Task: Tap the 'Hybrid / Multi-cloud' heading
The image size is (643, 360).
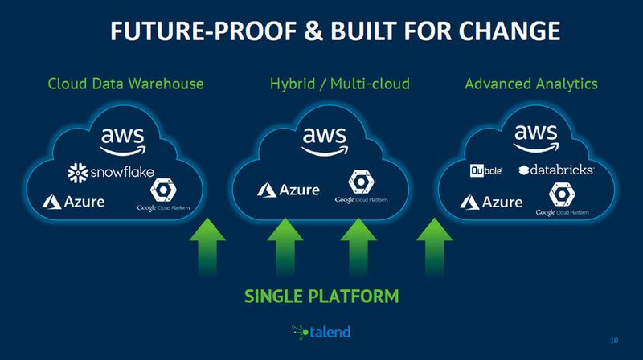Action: pos(340,84)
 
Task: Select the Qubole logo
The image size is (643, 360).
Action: pos(486,170)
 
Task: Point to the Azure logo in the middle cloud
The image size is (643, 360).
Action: pos(288,190)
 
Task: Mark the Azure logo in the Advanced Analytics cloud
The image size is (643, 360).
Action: pos(490,201)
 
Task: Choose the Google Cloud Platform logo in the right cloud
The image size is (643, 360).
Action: pos(559,200)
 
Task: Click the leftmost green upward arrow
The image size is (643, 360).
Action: pos(207,244)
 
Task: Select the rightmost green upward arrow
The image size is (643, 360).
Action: pos(435,244)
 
